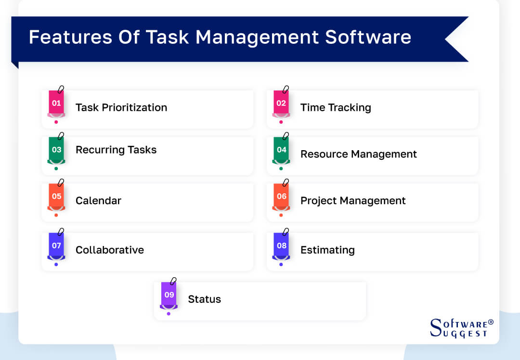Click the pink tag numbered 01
56,103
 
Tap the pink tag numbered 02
281,103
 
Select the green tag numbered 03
56,150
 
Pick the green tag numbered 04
281,150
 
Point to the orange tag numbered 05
56,196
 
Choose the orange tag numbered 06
281,196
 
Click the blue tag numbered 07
56,245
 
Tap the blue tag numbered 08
281,245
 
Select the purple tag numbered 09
169,295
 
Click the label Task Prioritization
121,107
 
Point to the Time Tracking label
336,107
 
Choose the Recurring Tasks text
116,150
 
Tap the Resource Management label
359,154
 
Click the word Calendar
98,200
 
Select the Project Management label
353,200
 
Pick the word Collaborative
110,250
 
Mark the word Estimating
327,250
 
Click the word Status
205,299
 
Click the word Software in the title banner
368,38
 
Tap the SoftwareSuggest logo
461,328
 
